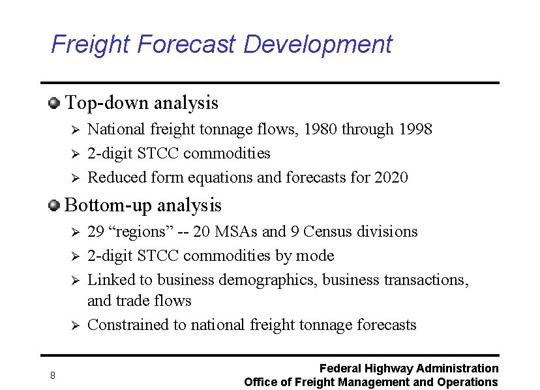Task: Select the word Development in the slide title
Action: click(318, 44)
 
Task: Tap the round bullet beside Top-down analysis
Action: click(54, 102)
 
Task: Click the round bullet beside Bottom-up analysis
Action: click(54, 205)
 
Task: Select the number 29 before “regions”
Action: click(96, 232)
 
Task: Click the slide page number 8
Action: click(52, 375)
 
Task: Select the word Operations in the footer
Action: click(466, 382)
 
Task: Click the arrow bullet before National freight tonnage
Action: click(75, 129)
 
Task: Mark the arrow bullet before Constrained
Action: click(75, 325)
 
